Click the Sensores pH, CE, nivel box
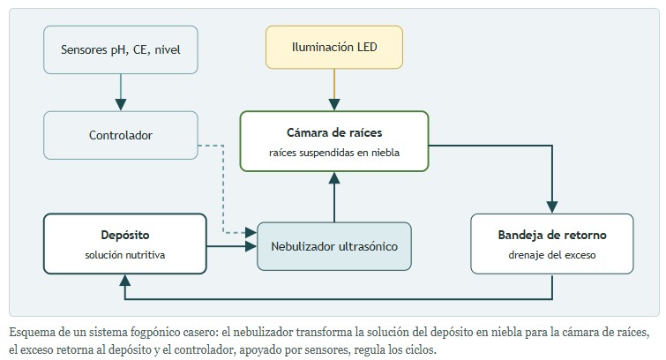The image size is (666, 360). tap(121, 49)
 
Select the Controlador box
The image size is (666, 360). tap(121, 135)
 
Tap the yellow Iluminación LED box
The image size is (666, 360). tap(334, 47)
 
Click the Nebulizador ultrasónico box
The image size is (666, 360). tap(334, 246)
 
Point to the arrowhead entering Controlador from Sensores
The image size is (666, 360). tap(121, 104)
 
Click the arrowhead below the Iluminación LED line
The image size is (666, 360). tap(334, 104)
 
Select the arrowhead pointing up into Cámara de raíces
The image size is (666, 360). tap(334, 177)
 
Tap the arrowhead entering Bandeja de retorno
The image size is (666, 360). tap(552, 207)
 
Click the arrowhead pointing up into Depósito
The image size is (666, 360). tap(125, 280)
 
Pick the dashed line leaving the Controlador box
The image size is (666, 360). tap(223, 189)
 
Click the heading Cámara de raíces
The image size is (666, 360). tap(334, 132)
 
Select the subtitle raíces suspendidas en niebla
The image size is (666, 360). tap(334, 153)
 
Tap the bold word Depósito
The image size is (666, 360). tap(125, 235)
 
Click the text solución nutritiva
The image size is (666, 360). tap(125, 255)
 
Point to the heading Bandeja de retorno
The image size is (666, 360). tap(552, 235)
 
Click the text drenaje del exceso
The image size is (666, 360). tap(552, 255)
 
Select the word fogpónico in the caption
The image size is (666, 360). tap(155, 333)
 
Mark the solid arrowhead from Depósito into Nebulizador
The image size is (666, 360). tap(251, 246)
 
